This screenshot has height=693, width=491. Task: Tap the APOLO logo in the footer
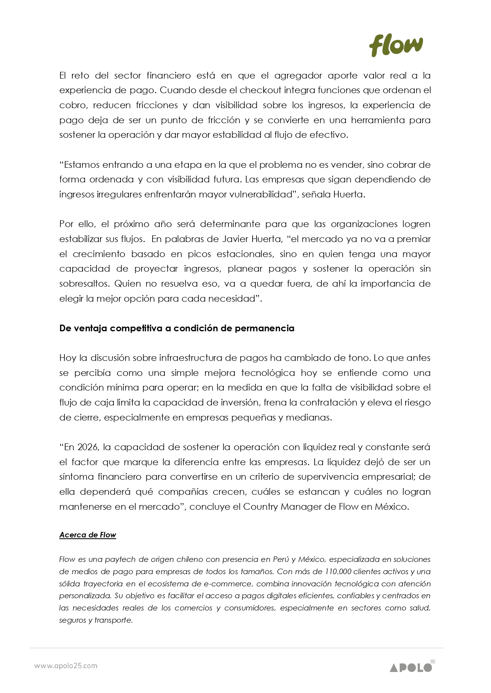click(x=411, y=667)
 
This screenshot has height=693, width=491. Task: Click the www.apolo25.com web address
click(x=66, y=666)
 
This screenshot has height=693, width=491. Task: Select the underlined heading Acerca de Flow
click(x=87, y=535)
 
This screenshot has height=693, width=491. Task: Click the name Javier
click(x=236, y=239)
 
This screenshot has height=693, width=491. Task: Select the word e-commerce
click(x=227, y=584)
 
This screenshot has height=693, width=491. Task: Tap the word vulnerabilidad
click(x=262, y=195)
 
